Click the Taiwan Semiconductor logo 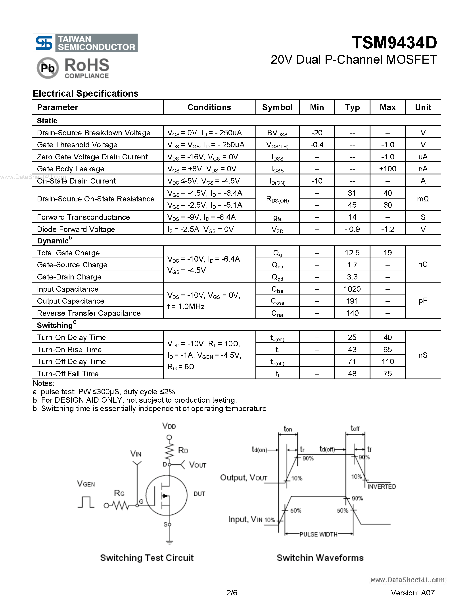click(x=85, y=43)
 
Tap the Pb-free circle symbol click(x=48, y=68)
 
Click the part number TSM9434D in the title click(x=394, y=43)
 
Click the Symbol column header click(x=277, y=107)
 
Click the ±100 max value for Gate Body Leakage click(x=387, y=169)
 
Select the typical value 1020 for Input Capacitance click(x=352, y=289)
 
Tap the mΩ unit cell click(x=423, y=199)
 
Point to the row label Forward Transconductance click(x=83, y=217)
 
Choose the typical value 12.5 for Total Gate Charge click(x=352, y=253)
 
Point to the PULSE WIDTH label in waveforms click(x=318, y=534)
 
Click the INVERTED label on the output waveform click(x=382, y=487)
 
